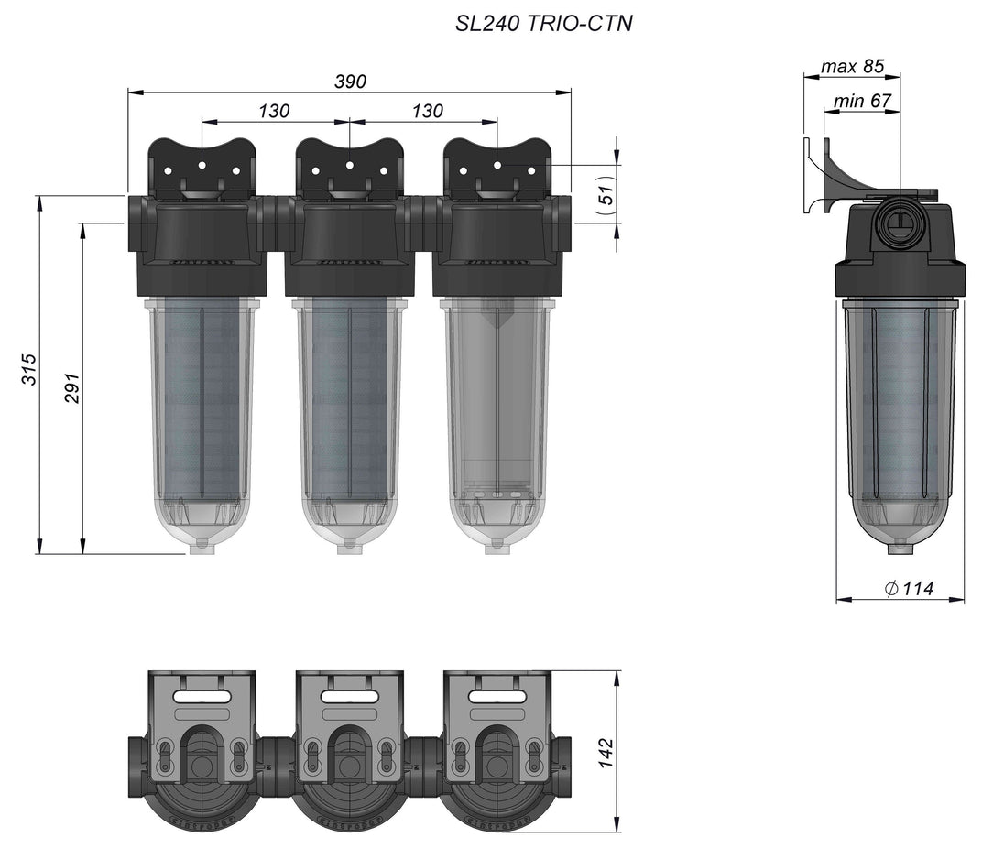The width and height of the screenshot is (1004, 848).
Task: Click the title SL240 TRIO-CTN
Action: click(544, 25)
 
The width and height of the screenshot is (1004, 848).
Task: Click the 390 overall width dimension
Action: click(350, 82)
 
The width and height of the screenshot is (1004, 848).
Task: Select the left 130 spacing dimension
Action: click(274, 111)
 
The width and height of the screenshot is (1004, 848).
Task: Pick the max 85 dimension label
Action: click(852, 67)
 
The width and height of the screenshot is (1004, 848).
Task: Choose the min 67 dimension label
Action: click(862, 101)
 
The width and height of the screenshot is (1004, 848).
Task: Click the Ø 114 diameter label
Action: click(910, 589)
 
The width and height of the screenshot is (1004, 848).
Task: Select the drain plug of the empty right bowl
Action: click(497, 543)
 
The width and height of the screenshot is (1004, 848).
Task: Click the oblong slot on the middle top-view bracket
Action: click(349, 697)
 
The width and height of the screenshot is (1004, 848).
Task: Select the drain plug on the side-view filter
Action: click(900, 549)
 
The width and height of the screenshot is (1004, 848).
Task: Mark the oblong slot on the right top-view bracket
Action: click(497, 697)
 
